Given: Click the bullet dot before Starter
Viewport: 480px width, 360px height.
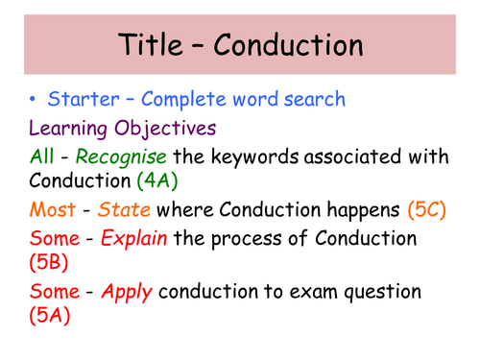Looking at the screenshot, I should (x=35, y=99).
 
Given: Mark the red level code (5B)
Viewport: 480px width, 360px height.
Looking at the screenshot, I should (x=50, y=262).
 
